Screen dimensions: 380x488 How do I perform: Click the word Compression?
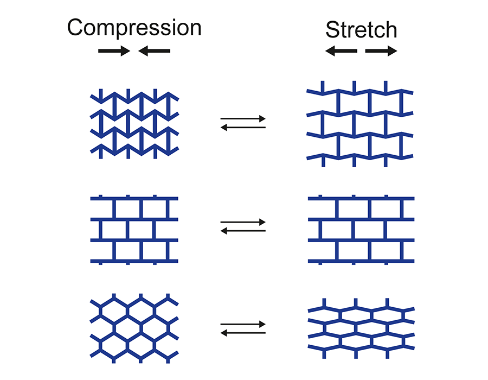pos(134,27)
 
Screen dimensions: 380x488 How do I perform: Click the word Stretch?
pos(361,30)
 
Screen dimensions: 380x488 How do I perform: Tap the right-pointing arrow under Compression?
pos(114,51)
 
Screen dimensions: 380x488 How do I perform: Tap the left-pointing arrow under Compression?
pos(155,51)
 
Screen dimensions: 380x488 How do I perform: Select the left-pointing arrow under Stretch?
pos(341,51)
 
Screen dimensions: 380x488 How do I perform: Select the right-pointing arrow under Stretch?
pos(381,51)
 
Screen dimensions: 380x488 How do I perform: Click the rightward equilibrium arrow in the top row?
pos(243,118)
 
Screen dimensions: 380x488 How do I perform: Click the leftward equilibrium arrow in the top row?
pos(243,127)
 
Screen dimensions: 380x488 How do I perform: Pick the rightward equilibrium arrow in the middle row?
pos(243,221)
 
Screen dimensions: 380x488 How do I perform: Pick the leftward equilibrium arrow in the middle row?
pos(243,231)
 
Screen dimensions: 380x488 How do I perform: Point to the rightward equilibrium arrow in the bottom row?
pos(243,324)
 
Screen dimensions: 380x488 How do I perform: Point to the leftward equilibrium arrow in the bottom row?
pos(243,333)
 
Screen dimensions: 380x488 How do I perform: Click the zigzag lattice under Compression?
pos(134,124)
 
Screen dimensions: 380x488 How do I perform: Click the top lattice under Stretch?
pos(361,124)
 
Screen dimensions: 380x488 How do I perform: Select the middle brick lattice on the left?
pos(134,230)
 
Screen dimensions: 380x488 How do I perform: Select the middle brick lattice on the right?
pos(361,230)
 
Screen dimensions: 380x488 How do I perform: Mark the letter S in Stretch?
pos(332,30)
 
